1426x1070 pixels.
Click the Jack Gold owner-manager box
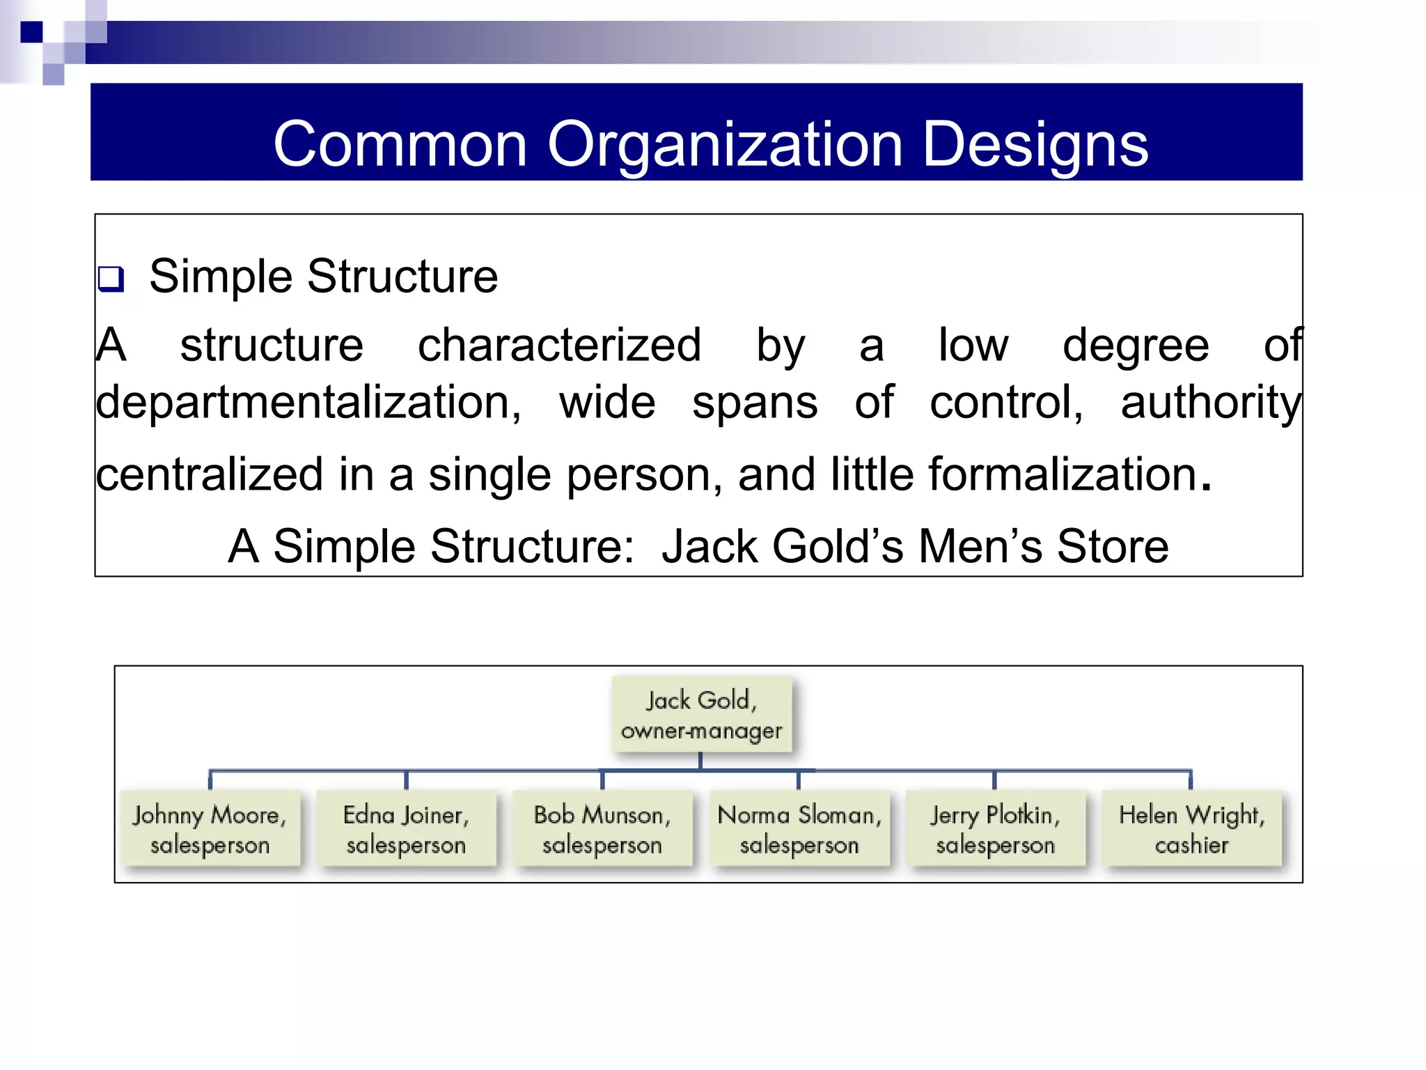coord(701,715)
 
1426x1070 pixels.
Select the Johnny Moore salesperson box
coord(210,829)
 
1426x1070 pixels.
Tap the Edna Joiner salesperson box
coord(406,829)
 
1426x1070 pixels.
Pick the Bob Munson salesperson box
coord(602,829)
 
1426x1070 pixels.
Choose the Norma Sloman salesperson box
coord(799,829)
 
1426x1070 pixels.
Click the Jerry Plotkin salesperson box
coord(995,829)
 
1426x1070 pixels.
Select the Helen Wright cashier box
coord(1191,829)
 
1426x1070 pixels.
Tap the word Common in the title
coord(400,144)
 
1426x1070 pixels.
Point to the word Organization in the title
coord(724,144)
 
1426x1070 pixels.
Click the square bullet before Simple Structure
coord(111,279)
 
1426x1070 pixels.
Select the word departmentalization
coord(308,403)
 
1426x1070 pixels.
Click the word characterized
coord(558,345)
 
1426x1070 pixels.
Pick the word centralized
coord(209,474)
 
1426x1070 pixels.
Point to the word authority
coord(1210,403)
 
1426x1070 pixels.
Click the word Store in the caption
coord(1112,546)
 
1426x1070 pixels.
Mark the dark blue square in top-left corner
coord(31,32)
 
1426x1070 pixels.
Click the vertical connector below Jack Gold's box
coord(700,761)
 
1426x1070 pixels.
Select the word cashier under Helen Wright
coord(1191,845)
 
